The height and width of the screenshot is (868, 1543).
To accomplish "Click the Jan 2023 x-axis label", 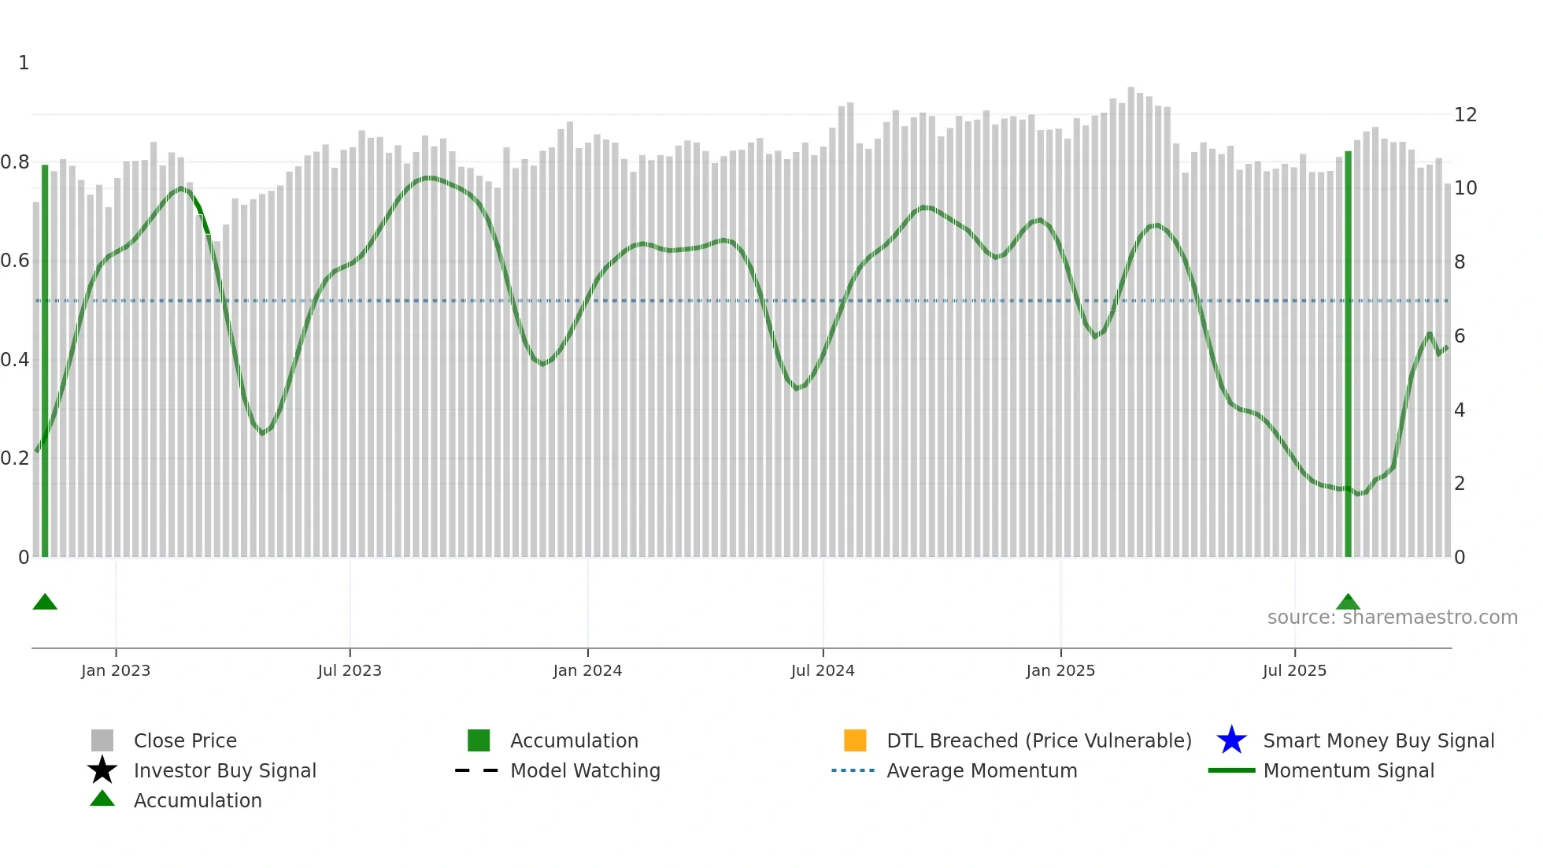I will point(116,670).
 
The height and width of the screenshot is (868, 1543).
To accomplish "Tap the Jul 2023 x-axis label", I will point(350,670).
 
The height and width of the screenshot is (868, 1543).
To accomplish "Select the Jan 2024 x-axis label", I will point(587,670).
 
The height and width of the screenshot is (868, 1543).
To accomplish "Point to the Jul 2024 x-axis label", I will point(823,670).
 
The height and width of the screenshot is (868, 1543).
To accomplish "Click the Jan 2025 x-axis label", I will point(1060,670).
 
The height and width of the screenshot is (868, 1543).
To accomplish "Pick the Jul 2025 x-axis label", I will point(1294,670).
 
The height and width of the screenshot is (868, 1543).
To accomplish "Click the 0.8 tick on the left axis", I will point(15,162).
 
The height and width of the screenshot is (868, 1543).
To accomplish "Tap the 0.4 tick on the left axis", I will point(15,360).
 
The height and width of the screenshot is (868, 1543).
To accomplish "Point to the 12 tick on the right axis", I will point(1465,115).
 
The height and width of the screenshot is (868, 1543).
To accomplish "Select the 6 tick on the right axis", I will point(1460,336).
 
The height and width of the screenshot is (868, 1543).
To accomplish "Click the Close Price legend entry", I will point(185,740).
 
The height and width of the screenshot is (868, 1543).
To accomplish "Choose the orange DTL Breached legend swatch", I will point(855,740).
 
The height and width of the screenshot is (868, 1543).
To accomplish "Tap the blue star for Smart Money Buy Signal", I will point(1231,740).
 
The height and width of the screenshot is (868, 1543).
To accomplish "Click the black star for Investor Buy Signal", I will point(102,770).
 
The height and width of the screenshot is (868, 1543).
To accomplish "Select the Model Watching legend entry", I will point(585,770).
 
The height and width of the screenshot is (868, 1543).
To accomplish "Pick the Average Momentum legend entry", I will point(982,770).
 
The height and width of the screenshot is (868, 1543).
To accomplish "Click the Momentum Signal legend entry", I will point(1349,770).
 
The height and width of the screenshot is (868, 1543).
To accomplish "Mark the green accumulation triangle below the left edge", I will point(45,603).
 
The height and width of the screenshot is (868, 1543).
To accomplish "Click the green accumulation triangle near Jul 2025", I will point(1348,603).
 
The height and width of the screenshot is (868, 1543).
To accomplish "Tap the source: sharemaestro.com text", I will point(1392,618).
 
